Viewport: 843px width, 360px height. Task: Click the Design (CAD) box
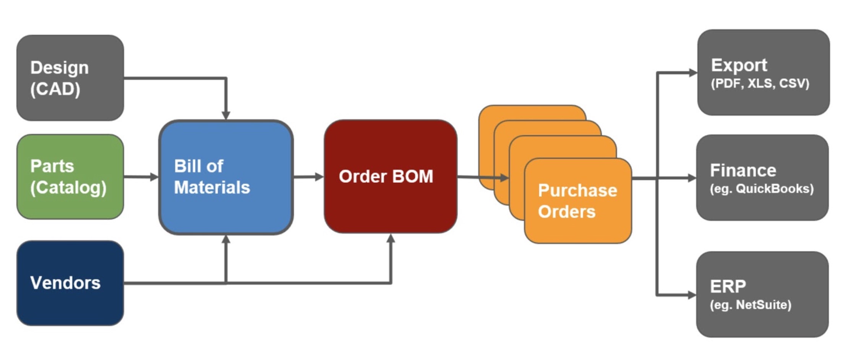pyautogui.click(x=70, y=78)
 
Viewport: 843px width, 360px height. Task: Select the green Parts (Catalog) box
pyautogui.click(x=70, y=177)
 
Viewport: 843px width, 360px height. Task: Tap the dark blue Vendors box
pyautogui.click(x=70, y=283)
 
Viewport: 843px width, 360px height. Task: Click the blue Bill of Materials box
pyautogui.click(x=226, y=177)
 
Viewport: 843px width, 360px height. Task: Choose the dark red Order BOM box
pyautogui.click(x=390, y=177)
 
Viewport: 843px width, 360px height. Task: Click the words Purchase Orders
pyautogui.click(x=577, y=201)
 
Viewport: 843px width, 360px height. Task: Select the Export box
pyautogui.click(x=763, y=73)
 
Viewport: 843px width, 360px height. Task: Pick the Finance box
pyautogui.click(x=762, y=178)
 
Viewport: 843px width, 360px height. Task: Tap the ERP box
pyautogui.click(x=762, y=294)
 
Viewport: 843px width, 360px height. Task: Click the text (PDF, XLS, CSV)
pyautogui.click(x=760, y=84)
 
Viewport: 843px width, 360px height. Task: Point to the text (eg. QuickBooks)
pyautogui.click(x=762, y=189)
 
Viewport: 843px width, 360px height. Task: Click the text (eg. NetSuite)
pyautogui.click(x=751, y=305)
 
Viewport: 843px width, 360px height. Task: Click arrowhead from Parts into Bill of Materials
pyautogui.click(x=154, y=177)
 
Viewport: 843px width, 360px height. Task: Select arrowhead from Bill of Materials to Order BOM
pyautogui.click(x=319, y=177)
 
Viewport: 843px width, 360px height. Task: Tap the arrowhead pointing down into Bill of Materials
pyautogui.click(x=226, y=115)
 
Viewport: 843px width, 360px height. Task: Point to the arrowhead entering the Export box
pyautogui.click(x=692, y=73)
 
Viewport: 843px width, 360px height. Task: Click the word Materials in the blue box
pyautogui.click(x=212, y=188)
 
